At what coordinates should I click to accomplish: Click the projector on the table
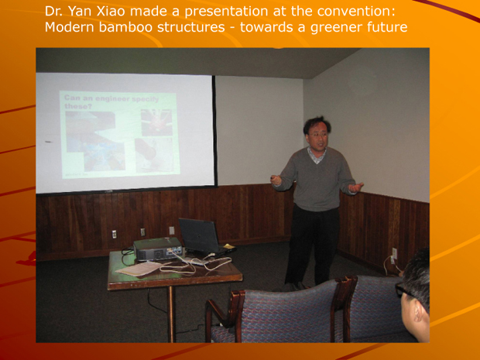coord(157,249)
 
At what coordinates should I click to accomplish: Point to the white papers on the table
coord(139,268)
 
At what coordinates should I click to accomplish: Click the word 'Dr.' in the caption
coord(54,11)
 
